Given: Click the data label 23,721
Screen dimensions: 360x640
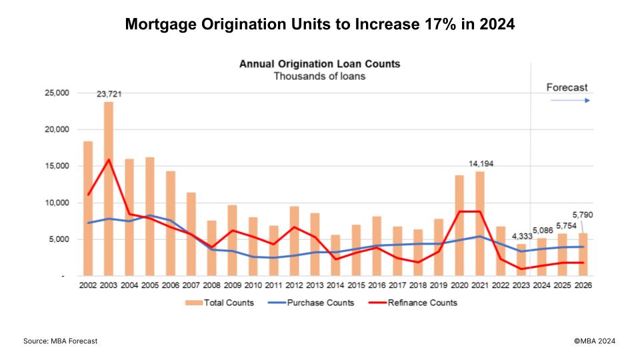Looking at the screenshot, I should [x=109, y=95].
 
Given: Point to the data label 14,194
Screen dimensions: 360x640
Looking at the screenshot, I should [x=481, y=163].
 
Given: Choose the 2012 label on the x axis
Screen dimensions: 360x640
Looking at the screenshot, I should [x=295, y=285].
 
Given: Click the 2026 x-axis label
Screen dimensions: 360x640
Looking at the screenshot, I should [x=584, y=285].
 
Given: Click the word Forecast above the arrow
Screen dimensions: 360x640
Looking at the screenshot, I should [x=567, y=87].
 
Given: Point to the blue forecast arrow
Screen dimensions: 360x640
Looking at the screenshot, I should [x=571, y=101].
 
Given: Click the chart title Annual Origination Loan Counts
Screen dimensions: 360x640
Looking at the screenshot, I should [x=319, y=65].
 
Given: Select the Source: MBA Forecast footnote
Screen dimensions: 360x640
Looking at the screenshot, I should [x=61, y=341].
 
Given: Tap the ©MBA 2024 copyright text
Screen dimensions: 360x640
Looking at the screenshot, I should [x=595, y=341].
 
